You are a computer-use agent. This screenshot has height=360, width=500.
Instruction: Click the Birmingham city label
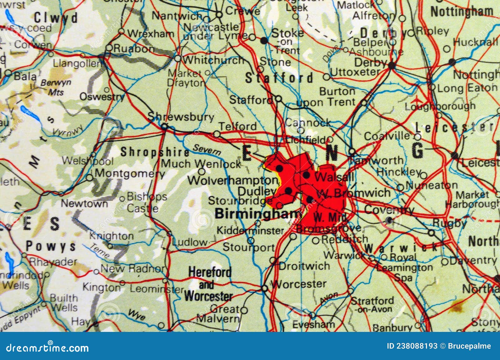[258, 214]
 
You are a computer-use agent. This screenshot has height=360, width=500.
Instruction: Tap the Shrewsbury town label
[181, 117]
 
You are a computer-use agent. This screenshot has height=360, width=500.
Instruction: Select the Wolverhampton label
[232, 180]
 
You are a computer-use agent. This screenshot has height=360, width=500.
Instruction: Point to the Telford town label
[237, 126]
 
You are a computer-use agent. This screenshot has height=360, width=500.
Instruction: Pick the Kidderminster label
[250, 231]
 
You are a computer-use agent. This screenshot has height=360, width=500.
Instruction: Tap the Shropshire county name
[155, 152]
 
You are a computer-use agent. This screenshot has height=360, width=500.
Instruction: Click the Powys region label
[51, 246]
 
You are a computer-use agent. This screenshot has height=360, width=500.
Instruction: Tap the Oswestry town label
[102, 97]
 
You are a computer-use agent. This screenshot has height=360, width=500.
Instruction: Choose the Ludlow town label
[190, 242]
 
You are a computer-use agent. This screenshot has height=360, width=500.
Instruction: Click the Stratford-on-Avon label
[372, 305]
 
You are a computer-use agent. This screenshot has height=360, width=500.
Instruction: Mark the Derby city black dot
[391, 66]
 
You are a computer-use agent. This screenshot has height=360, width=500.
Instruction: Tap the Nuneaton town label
[432, 185]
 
